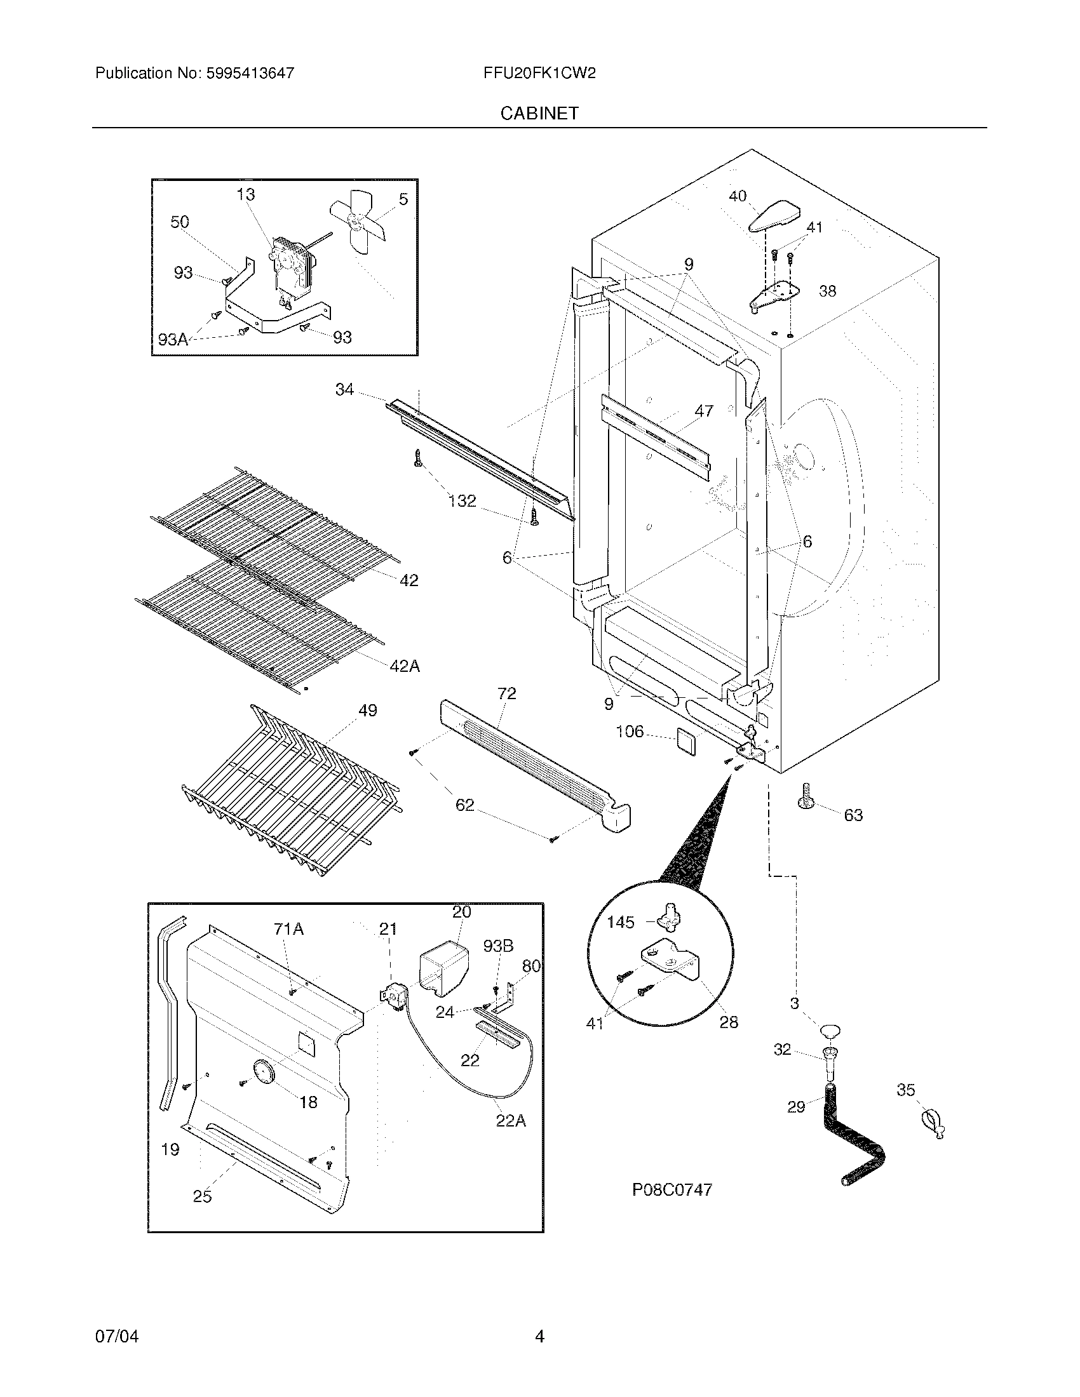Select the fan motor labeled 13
pos(291,269)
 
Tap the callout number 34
pos(344,389)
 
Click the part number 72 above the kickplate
pos(506,693)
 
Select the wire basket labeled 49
pos(288,793)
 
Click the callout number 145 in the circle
pos(620,922)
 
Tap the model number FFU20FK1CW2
pos(539,73)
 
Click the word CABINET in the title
pos(539,113)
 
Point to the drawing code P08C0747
pos(672,1190)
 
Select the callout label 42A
pos(404,666)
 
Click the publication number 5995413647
pos(250,73)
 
